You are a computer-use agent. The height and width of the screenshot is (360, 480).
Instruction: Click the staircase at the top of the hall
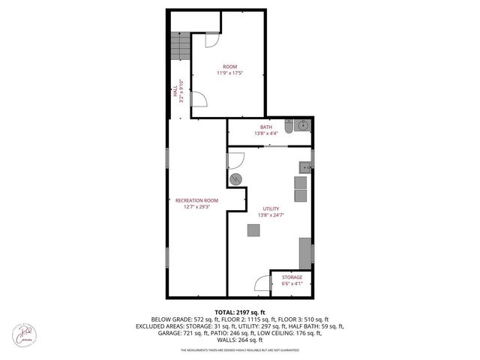coord(180,47)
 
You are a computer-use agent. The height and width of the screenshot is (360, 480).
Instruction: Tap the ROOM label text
coord(229,67)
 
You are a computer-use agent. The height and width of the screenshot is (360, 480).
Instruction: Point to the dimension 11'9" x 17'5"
coord(229,73)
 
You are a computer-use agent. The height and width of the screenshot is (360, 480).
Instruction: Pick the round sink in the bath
coord(301,126)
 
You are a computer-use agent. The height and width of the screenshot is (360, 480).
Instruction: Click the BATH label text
coord(265,127)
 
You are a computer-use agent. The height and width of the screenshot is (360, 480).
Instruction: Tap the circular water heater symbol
coord(235,178)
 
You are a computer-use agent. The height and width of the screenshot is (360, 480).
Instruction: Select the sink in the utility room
coord(304,166)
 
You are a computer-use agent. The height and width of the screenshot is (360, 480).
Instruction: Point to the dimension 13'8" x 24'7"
coord(271,215)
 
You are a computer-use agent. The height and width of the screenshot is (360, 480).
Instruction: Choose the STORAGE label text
coord(292,277)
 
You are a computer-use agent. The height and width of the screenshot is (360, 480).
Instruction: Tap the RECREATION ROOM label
coord(196,200)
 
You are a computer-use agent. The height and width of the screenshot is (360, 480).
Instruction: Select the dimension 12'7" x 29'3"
coord(196,207)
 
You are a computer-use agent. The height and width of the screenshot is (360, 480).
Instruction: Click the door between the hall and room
coord(199,99)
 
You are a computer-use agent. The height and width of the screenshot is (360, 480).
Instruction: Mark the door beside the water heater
coord(235,160)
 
